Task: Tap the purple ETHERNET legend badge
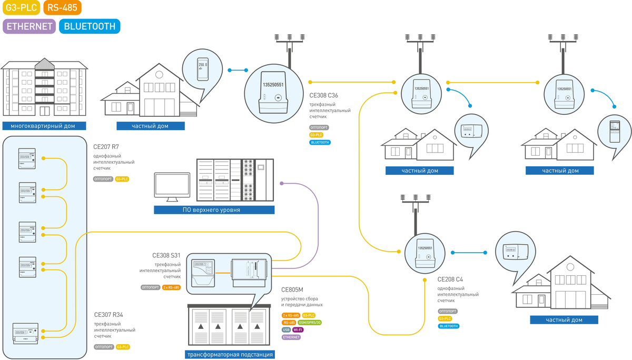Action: click(29, 26)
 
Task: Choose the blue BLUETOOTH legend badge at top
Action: click(90, 26)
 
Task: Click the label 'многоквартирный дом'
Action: click(43, 126)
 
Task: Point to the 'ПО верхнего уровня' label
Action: click(214, 210)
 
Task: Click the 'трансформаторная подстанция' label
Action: click(230, 355)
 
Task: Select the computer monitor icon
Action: click(172, 187)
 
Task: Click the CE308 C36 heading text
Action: click(324, 96)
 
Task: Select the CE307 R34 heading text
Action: click(108, 315)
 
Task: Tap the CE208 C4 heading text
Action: click(450, 279)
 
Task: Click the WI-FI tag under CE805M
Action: click(298, 329)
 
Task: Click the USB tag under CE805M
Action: click(286, 329)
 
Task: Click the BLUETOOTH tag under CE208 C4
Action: click(449, 326)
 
